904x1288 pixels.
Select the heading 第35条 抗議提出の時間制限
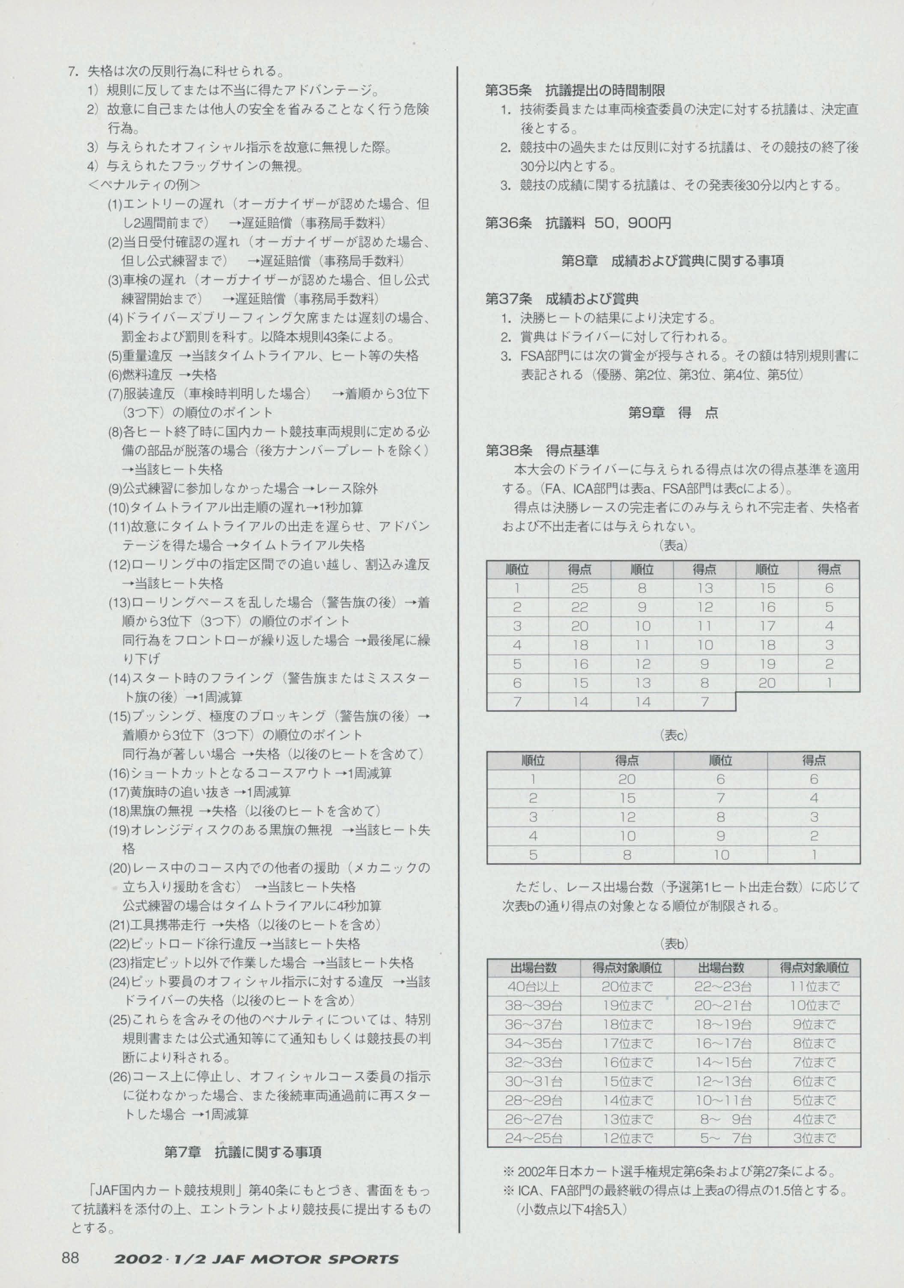(x=575, y=90)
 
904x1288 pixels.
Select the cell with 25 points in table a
(x=580, y=588)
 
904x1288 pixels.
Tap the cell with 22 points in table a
(x=580, y=607)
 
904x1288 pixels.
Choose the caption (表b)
(x=672, y=944)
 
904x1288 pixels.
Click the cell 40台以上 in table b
(x=533, y=987)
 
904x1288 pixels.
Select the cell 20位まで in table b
(x=627, y=987)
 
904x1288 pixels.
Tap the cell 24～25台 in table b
(x=533, y=1139)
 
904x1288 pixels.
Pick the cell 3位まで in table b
(x=814, y=1139)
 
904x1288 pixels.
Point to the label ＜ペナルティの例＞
(x=144, y=185)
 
